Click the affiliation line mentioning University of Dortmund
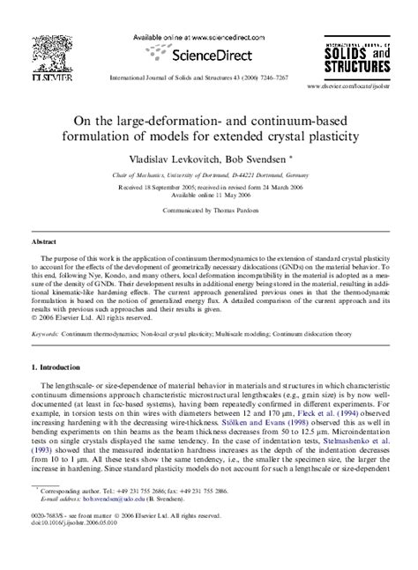209,175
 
